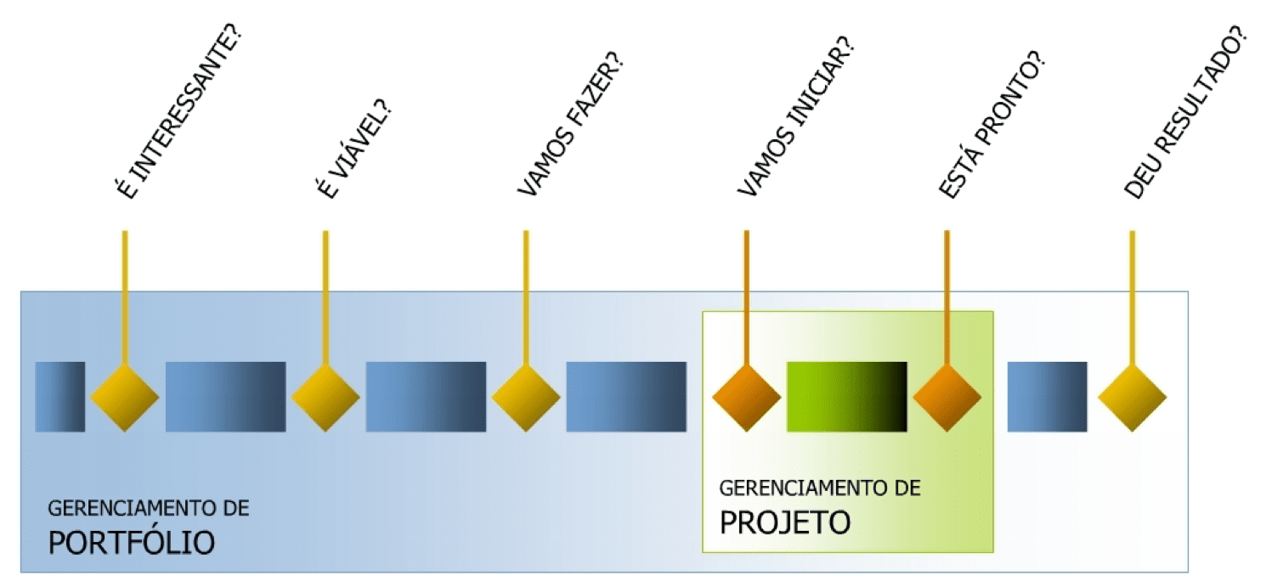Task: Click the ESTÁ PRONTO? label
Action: click(x=991, y=127)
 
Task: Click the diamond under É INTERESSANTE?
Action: click(x=125, y=397)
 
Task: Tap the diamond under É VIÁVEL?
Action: click(x=325, y=397)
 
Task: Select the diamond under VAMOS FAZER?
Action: click(x=526, y=397)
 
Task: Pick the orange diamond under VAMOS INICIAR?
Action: click(x=746, y=397)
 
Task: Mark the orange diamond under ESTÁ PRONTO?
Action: click(x=947, y=397)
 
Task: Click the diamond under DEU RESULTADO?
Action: click(x=1132, y=397)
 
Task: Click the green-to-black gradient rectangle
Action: click(x=846, y=397)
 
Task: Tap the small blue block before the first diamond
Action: click(x=60, y=397)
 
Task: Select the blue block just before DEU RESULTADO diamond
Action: click(x=1047, y=397)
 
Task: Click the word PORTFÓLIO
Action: click(x=132, y=542)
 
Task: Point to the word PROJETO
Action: click(x=785, y=522)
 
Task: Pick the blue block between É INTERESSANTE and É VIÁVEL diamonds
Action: click(x=225, y=397)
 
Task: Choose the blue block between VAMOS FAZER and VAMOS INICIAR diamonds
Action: click(x=626, y=397)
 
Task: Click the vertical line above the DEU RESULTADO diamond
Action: click(x=1132, y=297)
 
